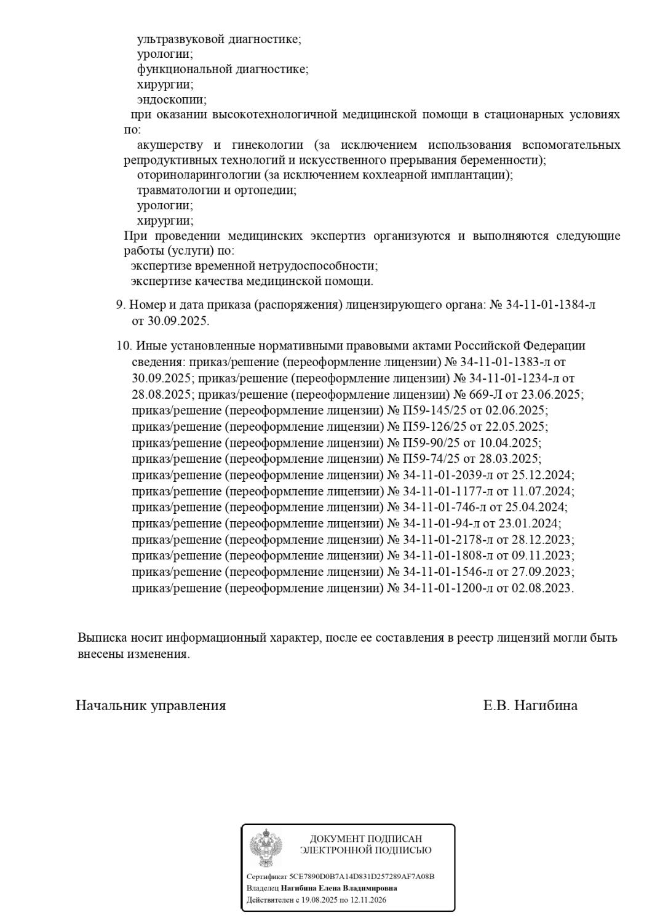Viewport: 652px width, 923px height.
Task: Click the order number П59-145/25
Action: pos(435,410)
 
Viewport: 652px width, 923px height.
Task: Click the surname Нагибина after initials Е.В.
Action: pos(546,706)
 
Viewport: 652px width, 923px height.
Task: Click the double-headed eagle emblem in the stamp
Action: pos(266,848)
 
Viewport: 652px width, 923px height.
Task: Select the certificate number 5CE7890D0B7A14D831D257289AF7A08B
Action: pos(357,876)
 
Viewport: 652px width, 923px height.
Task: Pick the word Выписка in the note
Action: pos(102,638)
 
